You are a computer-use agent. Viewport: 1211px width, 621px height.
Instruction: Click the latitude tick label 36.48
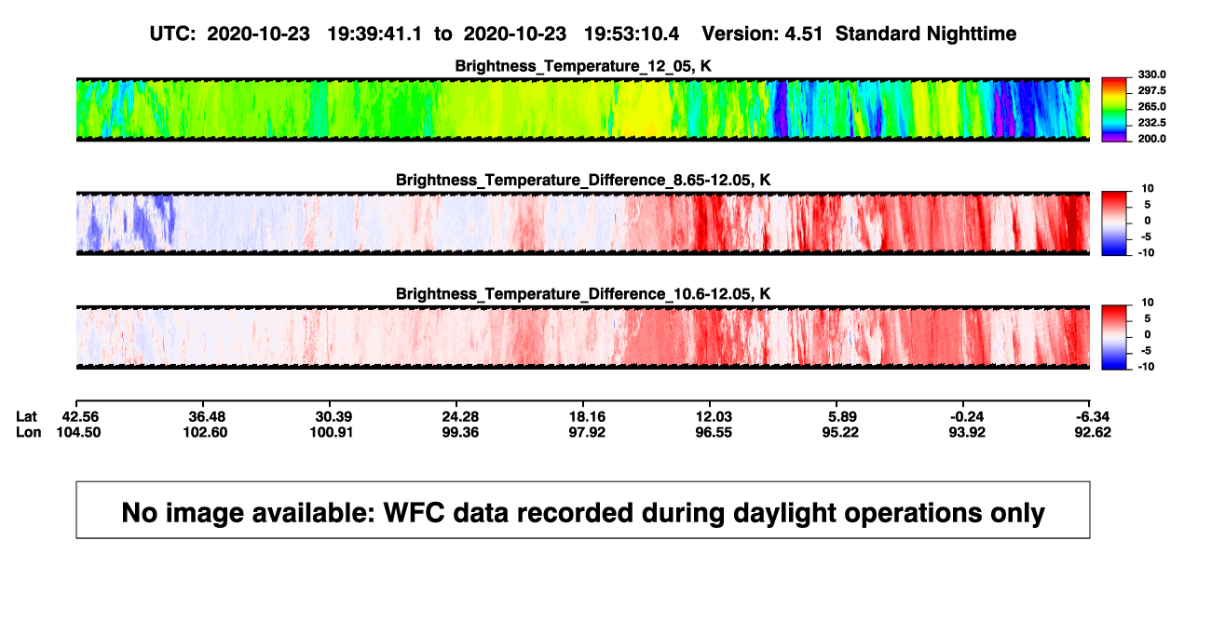[207, 417]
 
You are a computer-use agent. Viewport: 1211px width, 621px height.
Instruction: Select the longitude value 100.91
[332, 432]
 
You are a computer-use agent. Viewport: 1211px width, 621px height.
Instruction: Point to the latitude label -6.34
[1093, 417]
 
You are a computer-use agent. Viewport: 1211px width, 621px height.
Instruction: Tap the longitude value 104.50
[78, 432]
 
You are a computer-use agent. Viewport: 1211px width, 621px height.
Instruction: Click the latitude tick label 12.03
[714, 417]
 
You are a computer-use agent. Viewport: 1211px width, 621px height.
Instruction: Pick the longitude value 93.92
[967, 432]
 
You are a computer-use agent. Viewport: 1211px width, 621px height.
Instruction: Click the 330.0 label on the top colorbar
[1151, 74]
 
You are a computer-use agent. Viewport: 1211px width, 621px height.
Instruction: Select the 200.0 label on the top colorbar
[1151, 139]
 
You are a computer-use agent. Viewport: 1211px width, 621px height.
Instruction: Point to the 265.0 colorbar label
[1151, 106]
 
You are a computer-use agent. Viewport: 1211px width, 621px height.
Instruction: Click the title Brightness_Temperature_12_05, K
[583, 66]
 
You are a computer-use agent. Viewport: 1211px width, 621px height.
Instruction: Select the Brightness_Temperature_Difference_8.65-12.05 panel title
[583, 180]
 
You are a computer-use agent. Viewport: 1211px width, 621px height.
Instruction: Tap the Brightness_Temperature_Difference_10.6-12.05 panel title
[583, 294]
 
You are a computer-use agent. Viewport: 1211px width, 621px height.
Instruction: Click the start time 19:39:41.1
[374, 34]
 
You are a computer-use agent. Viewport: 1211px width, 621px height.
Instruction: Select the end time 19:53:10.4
[632, 34]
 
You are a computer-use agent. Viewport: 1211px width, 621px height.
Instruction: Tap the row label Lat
[26, 417]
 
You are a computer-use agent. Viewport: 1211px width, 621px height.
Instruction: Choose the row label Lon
[28, 432]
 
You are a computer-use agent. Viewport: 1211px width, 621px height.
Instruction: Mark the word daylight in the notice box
[782, 513]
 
